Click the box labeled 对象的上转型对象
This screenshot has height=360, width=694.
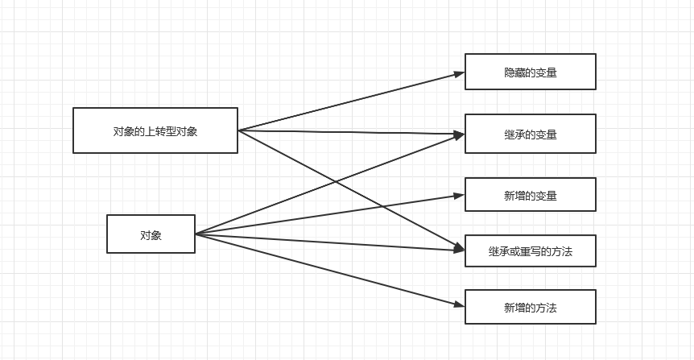[155, 130]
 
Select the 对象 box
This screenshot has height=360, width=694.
[151, 234]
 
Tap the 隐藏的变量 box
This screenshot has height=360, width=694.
[530, 72]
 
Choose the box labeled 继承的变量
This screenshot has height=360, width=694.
[530, 134]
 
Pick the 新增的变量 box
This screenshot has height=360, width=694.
[530, 195]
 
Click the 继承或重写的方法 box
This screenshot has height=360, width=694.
[530, 251]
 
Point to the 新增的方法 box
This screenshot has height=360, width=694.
[530, 307]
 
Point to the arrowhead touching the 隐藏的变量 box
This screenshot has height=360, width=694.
[460, 74]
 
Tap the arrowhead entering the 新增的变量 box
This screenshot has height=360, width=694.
[460, 195]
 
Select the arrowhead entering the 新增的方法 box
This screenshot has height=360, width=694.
[460, 304]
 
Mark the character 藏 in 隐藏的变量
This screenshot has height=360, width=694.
[519, 72]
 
